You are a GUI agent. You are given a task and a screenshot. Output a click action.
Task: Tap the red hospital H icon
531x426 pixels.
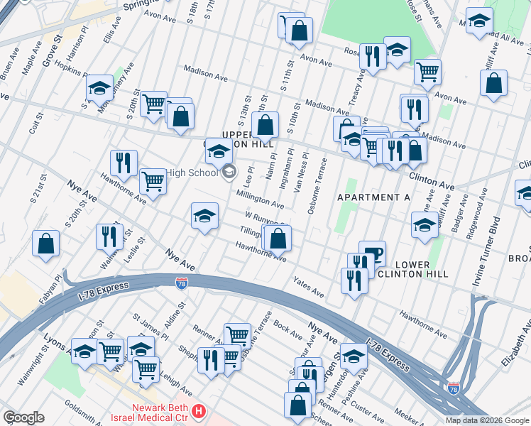(x=201, y=411)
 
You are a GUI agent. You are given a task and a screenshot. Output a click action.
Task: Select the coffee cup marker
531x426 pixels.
(x=372, y=253)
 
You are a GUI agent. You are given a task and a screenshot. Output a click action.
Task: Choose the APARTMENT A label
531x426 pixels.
(x=373, y=197)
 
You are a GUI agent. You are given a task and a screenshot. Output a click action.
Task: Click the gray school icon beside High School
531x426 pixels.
(x=229, y=172)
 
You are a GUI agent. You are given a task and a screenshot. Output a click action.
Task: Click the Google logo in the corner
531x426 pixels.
(x=23, y=417)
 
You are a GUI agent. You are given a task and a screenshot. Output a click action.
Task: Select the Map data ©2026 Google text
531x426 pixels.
(x=486, y=420)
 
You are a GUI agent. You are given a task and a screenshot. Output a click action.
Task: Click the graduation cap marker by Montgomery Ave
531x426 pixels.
(x=99, y=88)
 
